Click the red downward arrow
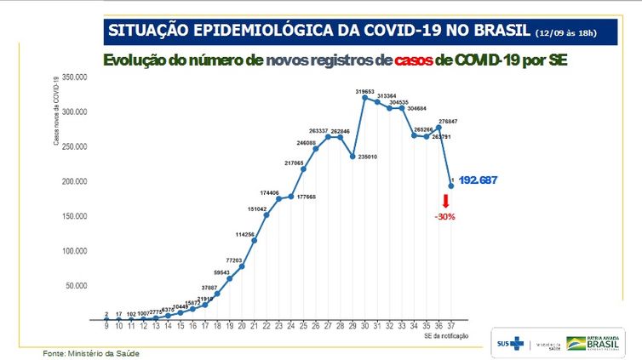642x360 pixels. (x=445, y=202)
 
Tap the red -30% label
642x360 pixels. (x=445, y=216)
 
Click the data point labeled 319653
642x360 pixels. (x=364, y=98)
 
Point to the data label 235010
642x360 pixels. (x=367, y=157)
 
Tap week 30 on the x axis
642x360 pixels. (x=364, y=325)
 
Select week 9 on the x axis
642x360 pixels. (x=106, y=325)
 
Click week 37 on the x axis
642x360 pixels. (x=450, y=325)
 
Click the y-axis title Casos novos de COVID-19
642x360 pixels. (x=57, y=111)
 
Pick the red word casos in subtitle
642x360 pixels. (x=411, y=61)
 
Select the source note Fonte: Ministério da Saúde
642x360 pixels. (x=91, y=352)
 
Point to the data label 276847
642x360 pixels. (x=449, y=123)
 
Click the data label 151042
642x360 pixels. (x=257, y=209)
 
